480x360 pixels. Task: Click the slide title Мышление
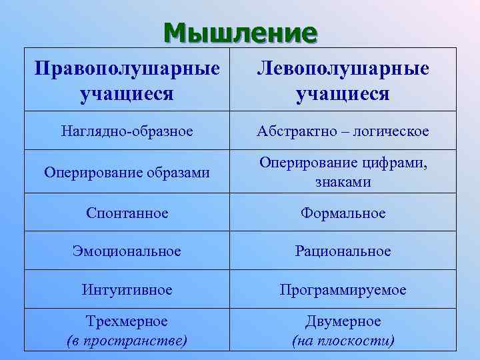point(240,31)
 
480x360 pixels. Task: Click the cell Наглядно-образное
point(127,131)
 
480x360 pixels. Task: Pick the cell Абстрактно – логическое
point(343,131)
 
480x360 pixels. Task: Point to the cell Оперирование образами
point(127,172)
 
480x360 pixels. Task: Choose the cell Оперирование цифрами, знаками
point(343,172)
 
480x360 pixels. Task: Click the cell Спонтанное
point(127,213)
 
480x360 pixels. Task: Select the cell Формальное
point(343,213)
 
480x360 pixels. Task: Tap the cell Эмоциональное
point(127,251)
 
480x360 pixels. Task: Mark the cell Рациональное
point(343,251)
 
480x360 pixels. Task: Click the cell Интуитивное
point(127,290)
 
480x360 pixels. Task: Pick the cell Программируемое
point(343,290)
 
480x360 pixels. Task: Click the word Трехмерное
point(127,321)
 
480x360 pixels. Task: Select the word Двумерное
point(343,321)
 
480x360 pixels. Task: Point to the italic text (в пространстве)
point(127,341)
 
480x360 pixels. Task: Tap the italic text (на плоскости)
point(343,341)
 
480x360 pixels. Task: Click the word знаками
point(343,181)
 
